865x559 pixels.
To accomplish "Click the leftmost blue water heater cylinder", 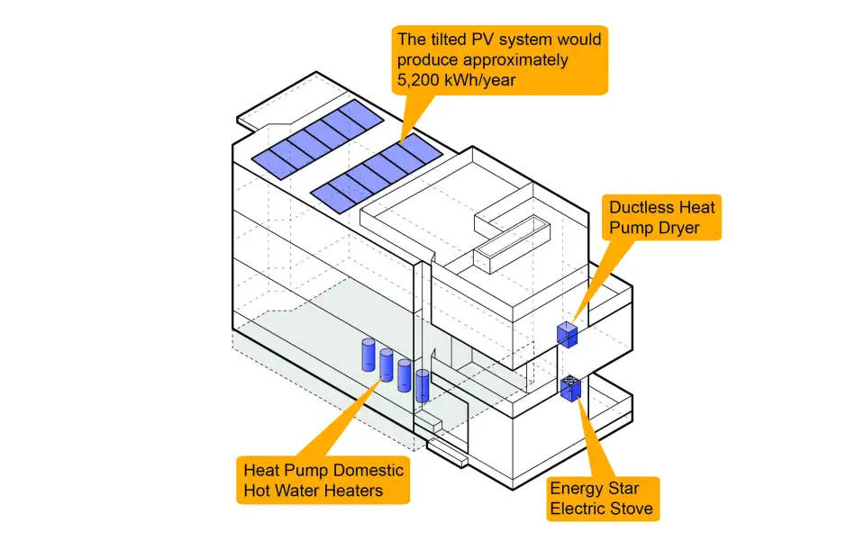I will [x=368, y=355].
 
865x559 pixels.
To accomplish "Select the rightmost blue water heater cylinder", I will [x=423, y=385].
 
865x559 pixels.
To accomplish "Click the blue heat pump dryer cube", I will [x=567, y=335].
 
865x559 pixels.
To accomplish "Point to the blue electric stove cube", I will [x=571, y=389].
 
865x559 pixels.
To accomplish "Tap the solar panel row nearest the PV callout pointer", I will [x=378, y=174].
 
